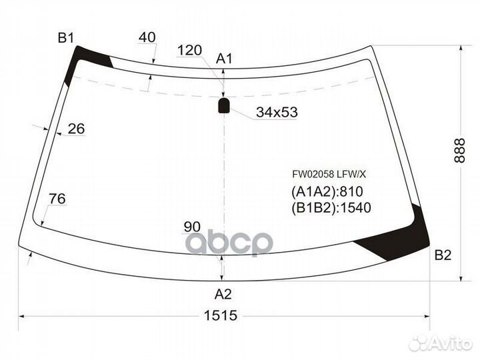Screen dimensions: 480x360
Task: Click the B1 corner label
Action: [66, 38]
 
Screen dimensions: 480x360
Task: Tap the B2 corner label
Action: [443, 255]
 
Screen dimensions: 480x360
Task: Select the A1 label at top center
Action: [225, 59]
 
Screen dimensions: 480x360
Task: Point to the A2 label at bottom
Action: [223, 294]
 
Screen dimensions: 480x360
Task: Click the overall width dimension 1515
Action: [221, 315]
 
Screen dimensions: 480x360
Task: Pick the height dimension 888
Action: [460, 150]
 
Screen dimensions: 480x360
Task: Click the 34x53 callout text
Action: [277, 113]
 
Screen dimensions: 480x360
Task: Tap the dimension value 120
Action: [189, 50]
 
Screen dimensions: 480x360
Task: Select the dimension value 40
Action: [147, 37]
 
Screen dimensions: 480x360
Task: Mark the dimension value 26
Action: [76, 129]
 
